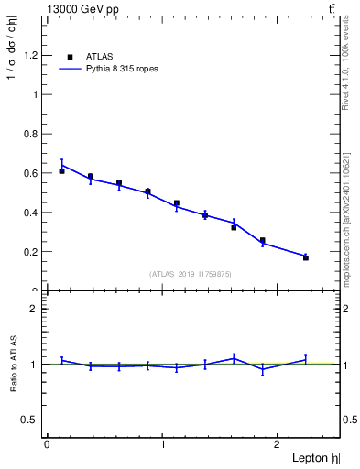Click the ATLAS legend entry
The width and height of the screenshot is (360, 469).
click(98, 56)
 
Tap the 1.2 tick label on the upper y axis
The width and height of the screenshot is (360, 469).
click(32, 55)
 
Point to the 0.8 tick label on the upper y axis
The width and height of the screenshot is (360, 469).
click(32, 134)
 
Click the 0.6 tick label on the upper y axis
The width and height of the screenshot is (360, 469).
click(32, 173)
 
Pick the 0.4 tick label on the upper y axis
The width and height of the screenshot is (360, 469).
click(32, 213)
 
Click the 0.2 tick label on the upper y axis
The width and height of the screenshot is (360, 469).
click(32, 252)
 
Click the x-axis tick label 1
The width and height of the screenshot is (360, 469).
click(163, 443)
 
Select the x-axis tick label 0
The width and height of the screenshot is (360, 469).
click(47, 443)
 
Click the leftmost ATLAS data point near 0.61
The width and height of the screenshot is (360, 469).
click(61, 170)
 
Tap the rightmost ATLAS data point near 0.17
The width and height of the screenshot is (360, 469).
click(305, 257)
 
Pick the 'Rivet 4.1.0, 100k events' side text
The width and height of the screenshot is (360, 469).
click(345, 65)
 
